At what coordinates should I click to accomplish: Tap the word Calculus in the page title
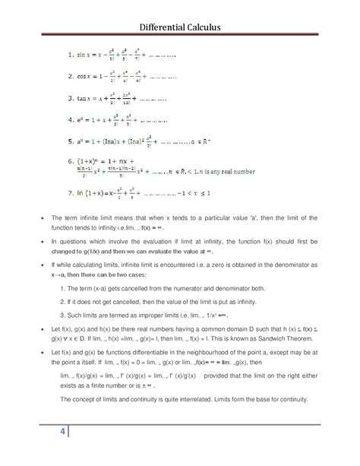[x=219, y=29]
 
